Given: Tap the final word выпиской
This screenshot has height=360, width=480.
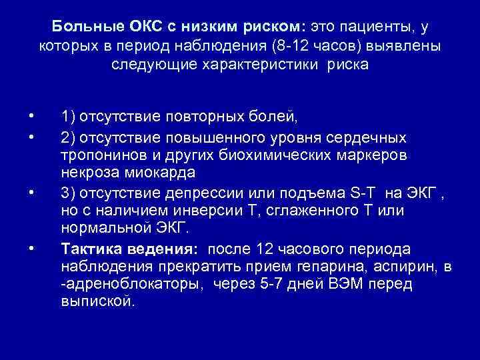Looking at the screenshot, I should click(97, 302).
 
